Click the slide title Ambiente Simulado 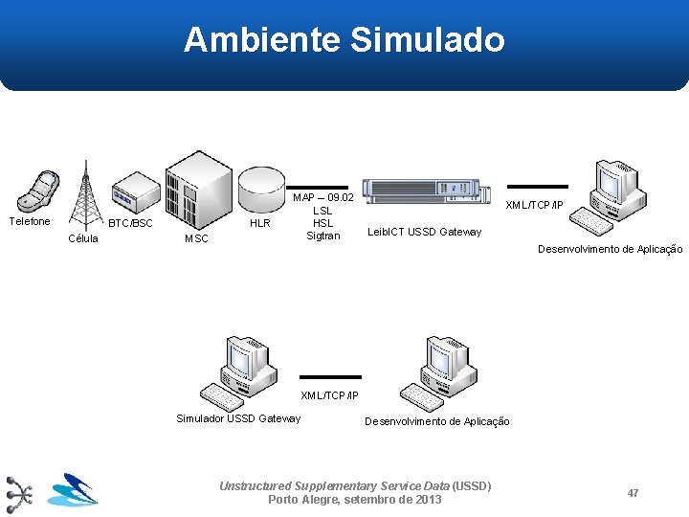344,40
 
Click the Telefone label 30,221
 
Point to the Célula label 82,238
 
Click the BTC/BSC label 130,223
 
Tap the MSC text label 196,238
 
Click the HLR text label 259,223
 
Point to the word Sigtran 322,236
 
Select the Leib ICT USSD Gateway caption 425,232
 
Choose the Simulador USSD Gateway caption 238,417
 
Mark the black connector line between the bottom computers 331,377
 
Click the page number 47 633,492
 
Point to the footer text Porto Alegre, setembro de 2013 355,500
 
